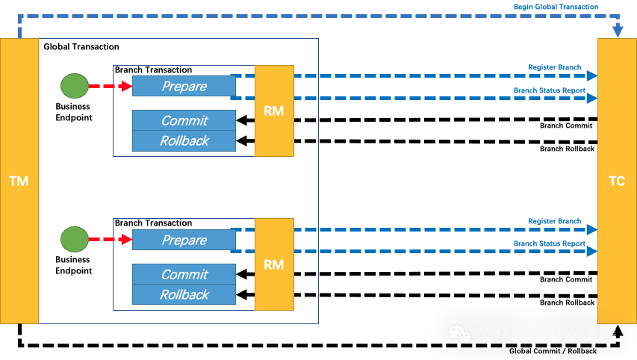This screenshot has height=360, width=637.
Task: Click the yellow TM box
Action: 19,181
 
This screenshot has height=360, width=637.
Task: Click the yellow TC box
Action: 617,181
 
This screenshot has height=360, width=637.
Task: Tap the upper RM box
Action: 274,111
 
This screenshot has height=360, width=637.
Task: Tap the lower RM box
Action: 274,264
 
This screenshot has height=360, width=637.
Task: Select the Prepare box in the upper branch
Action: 184,87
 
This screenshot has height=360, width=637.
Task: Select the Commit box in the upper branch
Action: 184,120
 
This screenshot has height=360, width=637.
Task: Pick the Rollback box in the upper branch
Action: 184,140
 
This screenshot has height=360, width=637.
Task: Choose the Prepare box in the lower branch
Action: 184,240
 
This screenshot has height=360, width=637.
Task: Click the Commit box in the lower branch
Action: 184,274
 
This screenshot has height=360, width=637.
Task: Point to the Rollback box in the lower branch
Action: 184,294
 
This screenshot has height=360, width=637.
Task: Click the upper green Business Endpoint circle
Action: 74,86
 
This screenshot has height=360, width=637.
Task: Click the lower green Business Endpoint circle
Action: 74,240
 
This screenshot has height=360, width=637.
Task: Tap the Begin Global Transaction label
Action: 556,7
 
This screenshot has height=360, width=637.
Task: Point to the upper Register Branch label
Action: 554,68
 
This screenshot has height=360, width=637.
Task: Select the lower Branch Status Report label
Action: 549,244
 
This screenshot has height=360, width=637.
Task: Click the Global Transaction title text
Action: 81,47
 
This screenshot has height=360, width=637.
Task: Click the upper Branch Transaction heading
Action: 153,70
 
